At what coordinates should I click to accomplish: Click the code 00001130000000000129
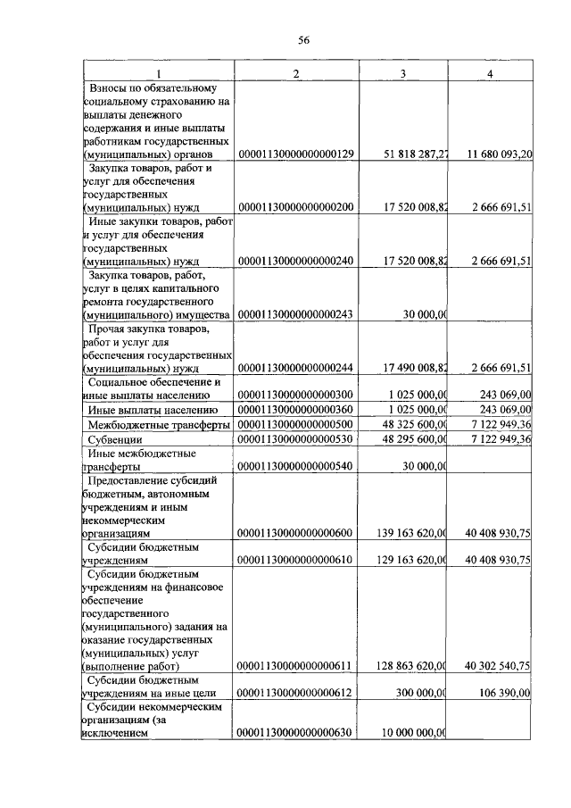(x=297, y=154)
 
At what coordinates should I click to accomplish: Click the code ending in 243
(x=297, y=314)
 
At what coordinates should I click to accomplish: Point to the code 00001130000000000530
(x=297, y=440)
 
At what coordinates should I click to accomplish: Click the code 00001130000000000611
(x=297, y=665)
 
